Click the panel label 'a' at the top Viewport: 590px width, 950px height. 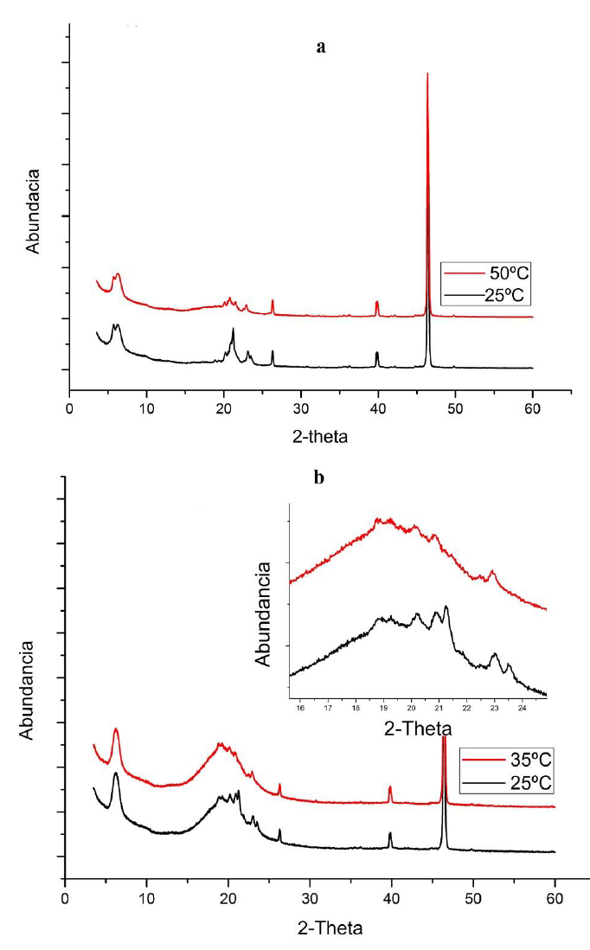click(321, 48)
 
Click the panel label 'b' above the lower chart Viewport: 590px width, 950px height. click(319, 478)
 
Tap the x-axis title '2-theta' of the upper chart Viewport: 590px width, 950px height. click(317, 437)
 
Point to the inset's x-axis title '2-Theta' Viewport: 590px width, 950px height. click(417, 729)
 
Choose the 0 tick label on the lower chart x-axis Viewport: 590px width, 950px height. click(65, 900)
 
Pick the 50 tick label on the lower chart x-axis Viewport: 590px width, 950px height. click(473, 900)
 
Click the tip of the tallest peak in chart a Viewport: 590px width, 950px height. click(427, 74)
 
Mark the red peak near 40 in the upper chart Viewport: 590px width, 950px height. click(377, 302)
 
